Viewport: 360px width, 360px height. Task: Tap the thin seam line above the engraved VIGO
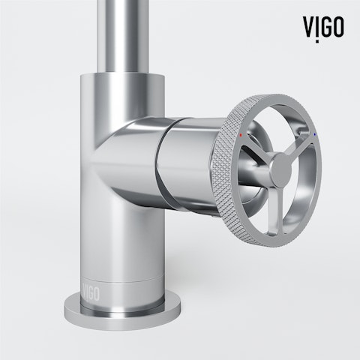112,275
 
